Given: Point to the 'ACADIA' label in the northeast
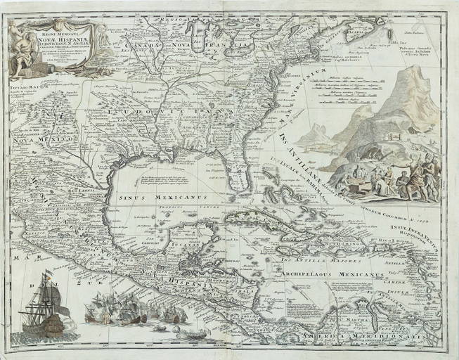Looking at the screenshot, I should [x=357, y=30].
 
